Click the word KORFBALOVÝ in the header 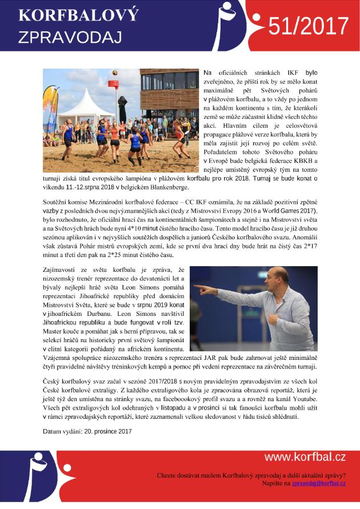click(78, 15)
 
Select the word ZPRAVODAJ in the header click(70, 37)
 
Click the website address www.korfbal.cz click(305, 456)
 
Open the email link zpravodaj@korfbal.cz click(318, 483)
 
